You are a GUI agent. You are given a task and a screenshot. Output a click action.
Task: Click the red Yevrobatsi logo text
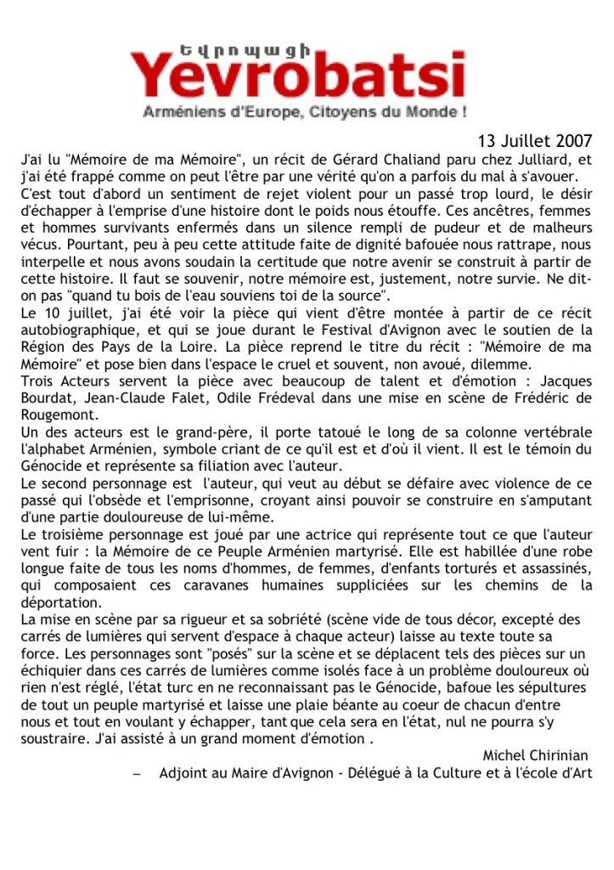pyautogui.click(x=298, y=74)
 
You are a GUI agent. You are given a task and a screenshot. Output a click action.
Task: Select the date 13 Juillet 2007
pyautogui.click(x=535, y=140)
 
